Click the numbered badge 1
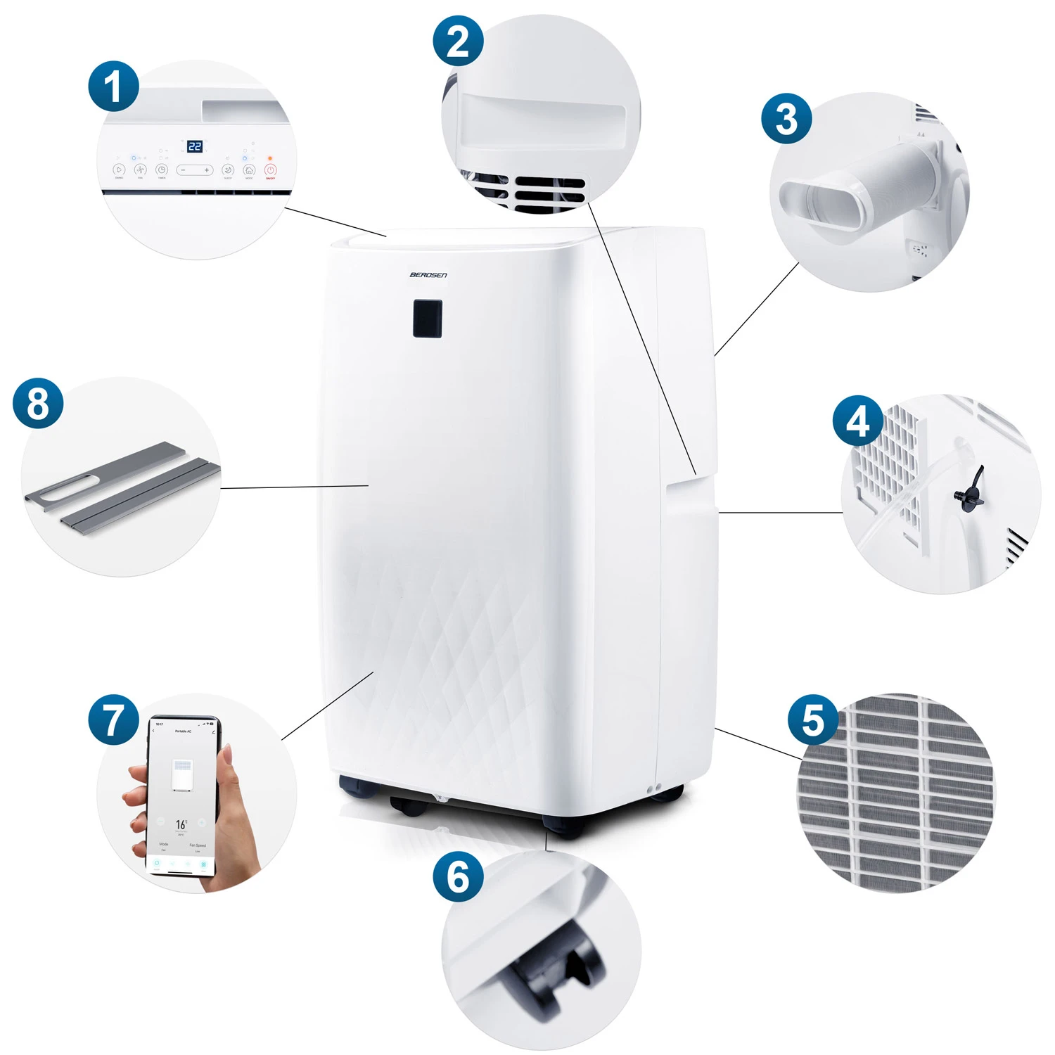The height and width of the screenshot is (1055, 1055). (x=113, y=87)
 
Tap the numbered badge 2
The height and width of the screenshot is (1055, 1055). (x=458, y=41)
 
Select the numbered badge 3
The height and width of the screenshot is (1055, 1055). (x=786, y=118)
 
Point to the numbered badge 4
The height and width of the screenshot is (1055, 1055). (x=857, y=421)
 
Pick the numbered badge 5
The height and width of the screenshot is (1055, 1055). (x=812, y=720)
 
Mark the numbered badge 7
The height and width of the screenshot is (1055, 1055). (x=113, y=720)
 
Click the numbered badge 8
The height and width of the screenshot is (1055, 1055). (x=38, y=403)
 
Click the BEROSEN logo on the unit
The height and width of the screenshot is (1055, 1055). (x=428, y=275)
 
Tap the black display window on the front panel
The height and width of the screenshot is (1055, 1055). (x=427, y=318)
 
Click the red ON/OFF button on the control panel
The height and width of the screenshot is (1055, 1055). (x=270, y=170)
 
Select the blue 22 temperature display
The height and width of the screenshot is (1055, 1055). (x=195, y=146)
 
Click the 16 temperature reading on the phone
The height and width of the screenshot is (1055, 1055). (x=181, y=824)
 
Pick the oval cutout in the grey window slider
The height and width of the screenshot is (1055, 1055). (x=66, y=490)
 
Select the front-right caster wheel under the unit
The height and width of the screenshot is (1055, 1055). (x=563, y=826)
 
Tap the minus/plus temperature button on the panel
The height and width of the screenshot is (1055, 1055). (x=194, y=170)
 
